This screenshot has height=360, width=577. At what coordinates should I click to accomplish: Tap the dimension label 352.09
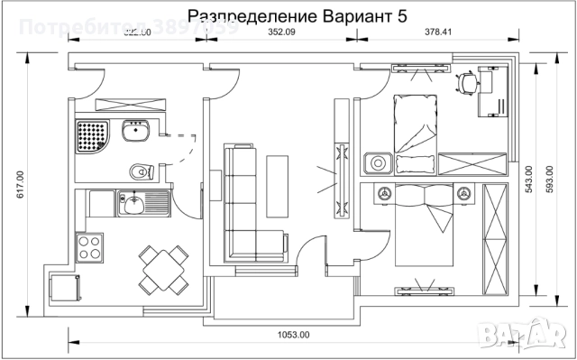(x=282, y=33)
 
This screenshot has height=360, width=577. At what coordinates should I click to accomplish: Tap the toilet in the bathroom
(x=137, y=171)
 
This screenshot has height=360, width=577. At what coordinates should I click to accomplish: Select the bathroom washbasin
(x=138, y=134)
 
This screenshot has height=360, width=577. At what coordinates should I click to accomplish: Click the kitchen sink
(x=132, y=204)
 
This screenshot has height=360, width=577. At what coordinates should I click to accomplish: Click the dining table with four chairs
(x=163, y=267)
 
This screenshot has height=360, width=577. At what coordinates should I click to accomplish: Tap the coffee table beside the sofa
(x=277, y=186)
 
